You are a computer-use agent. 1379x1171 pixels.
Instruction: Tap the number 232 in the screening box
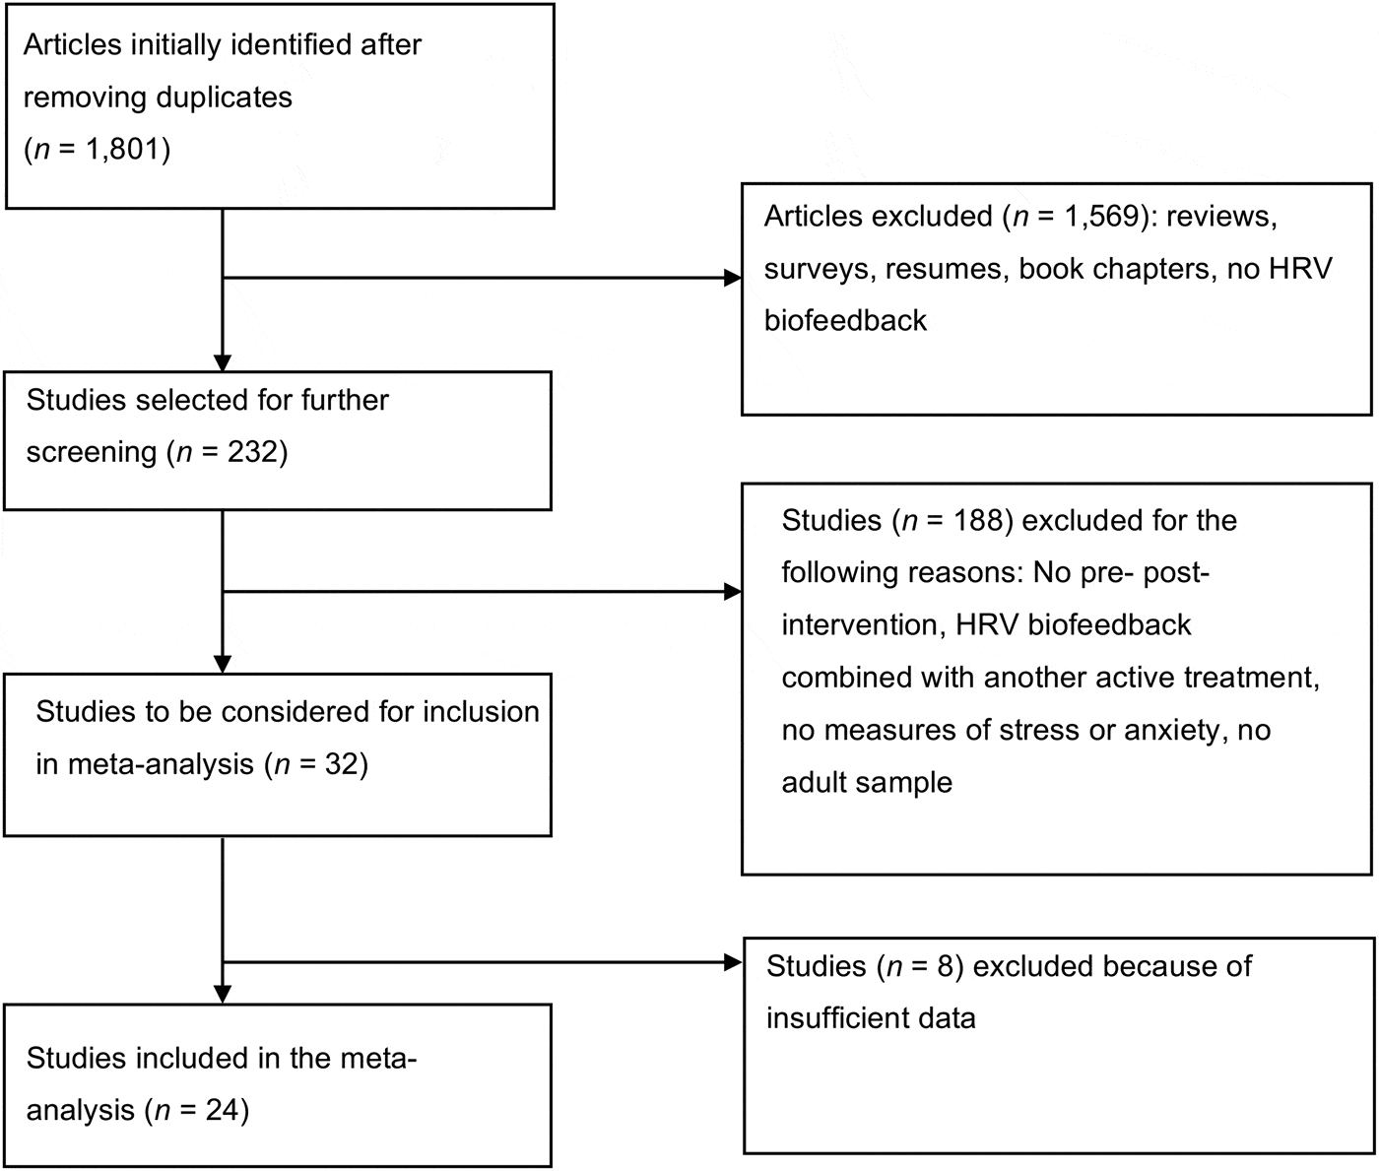click(x=252, y=452)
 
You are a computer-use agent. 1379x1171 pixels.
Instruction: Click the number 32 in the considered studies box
click(x=339, y=764)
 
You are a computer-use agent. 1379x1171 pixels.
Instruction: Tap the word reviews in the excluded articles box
click(x=1221, y=216)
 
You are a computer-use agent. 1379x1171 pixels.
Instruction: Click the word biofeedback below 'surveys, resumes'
click(x=845, y=321)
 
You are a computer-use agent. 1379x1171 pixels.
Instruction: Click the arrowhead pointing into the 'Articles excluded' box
click(x=732, y=279)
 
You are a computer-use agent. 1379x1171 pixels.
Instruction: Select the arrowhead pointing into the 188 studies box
click(x=732, y=591)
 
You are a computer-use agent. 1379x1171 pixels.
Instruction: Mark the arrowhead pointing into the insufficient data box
click(x=732, y=962)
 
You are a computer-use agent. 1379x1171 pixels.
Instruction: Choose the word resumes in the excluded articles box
click(x=944, y=269)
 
